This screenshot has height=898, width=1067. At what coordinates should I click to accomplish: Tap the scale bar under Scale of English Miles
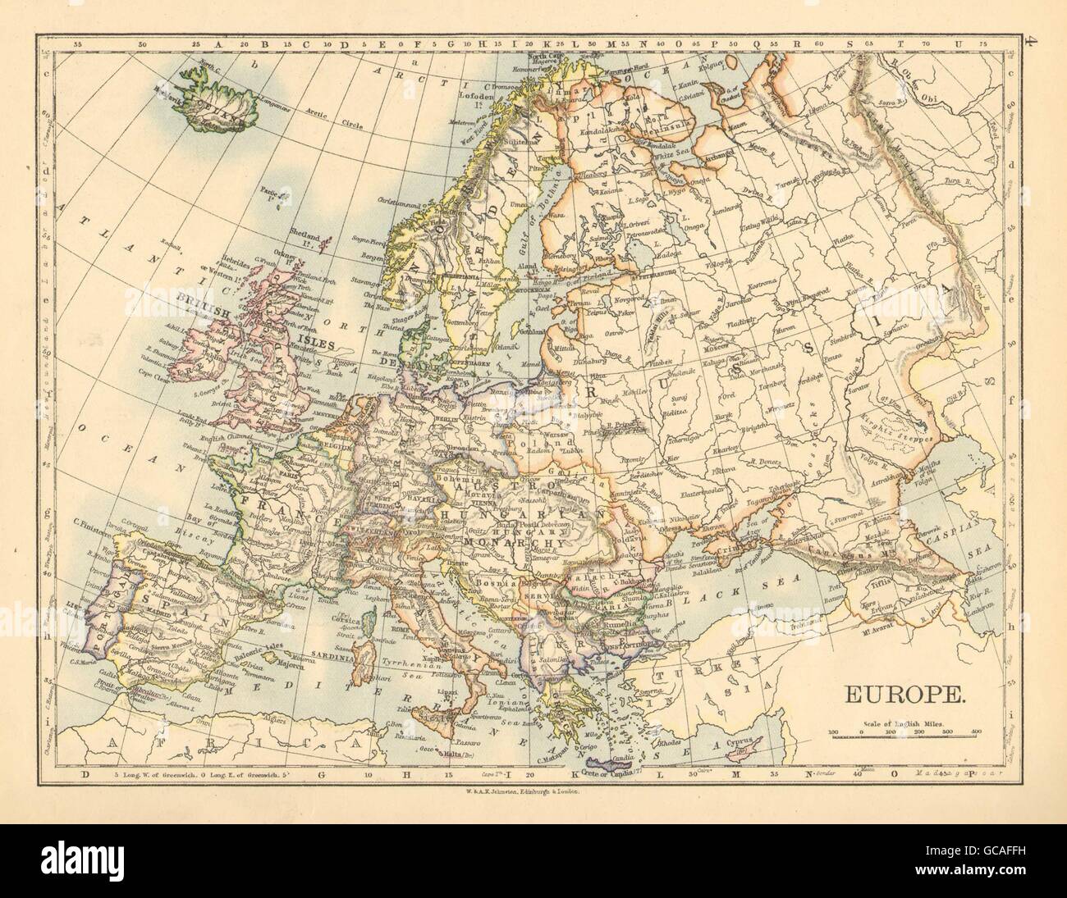[903, 736]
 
